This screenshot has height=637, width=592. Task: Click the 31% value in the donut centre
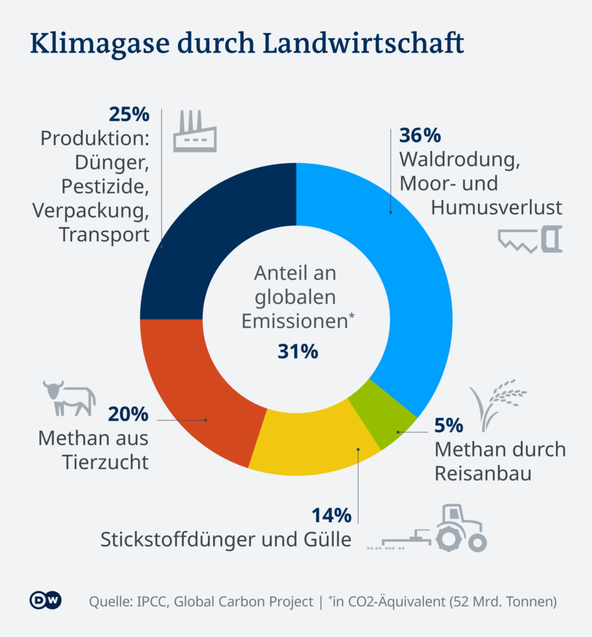click(x=297, y=352)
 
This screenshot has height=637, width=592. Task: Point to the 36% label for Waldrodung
click(x=420, y=135)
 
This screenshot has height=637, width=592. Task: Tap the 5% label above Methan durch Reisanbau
click(x=449, y=425)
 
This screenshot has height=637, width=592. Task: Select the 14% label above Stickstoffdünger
click(x=331, y=515)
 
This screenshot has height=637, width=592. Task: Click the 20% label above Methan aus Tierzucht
click(x=129, y=414)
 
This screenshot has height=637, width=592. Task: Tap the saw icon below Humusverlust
click(x=531, y=240)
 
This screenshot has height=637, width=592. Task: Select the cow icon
click(x=69, y=398)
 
